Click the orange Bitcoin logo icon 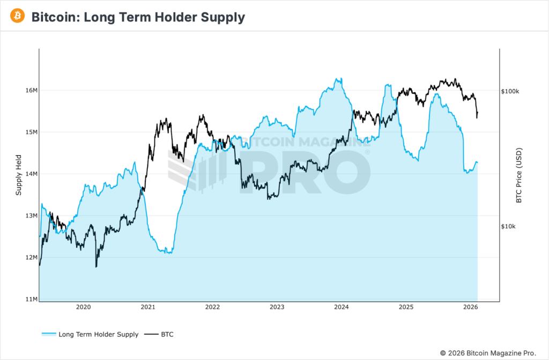pos(17,17)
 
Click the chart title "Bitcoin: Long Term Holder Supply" pos(138,17)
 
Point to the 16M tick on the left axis pos(31,90)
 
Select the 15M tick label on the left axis pos(31,132)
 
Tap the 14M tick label pos(31,174)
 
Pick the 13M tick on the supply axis pos(31,216)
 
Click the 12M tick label pos(31,258)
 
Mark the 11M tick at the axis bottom pos(31,299)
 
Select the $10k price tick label pos(508,226)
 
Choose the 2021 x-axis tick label pos(148,307)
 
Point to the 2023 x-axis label pos(277,307)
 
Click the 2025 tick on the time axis pos(406,307)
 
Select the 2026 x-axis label pos(470,307)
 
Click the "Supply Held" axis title pos(19,174)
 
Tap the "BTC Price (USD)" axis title pos(518,175)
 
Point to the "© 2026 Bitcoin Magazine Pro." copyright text pos(487,352)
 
